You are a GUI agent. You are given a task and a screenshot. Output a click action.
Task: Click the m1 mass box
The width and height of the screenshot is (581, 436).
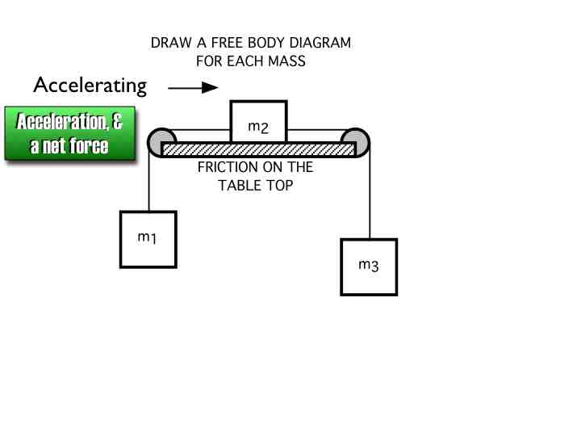[148, 239]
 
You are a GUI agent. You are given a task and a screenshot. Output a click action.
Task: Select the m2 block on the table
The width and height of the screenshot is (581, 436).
[258, 122]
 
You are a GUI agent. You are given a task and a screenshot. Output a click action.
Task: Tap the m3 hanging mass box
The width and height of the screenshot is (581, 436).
[369, 267]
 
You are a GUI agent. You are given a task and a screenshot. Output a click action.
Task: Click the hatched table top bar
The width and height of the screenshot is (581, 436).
[258, 150]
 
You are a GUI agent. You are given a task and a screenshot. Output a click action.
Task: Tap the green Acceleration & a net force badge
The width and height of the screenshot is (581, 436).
[69, 135]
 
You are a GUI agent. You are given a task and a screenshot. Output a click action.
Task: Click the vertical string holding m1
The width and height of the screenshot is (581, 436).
[150, 183]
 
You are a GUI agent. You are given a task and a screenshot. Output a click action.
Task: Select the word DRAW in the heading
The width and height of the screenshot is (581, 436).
[169, 43]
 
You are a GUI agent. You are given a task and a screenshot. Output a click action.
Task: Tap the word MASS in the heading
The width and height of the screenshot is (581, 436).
[288, 61]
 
